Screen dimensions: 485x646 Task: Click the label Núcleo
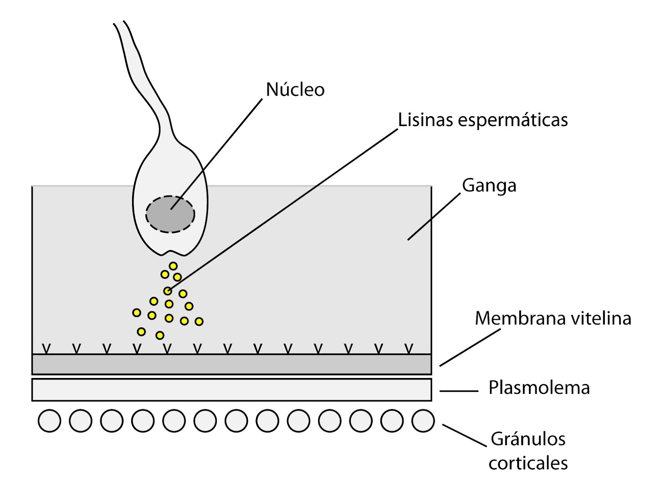click(x=295, y=90)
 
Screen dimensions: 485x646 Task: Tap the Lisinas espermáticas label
click(x=483, y=120)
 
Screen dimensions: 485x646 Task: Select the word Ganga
click(x=489, y=186)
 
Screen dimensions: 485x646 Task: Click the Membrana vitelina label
click(x=553, y=318)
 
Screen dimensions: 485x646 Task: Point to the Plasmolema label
click(x=539, y=388)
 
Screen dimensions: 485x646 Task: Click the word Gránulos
click(x=528, y=439)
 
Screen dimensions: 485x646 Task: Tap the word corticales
click(x=528, y=463)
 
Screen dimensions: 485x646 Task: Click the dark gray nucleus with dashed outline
click(x=170, y=214)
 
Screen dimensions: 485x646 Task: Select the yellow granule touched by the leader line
click(x=168, y=291)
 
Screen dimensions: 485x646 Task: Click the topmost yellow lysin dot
click(x=173, y=266)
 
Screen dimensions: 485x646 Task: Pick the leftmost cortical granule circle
click(x=49, y=421)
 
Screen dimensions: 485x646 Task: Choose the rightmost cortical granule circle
click(x=423, y=421)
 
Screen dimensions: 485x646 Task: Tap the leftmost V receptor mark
click(x=46, y=348)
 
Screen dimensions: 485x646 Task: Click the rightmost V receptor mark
click(x=409, y=348)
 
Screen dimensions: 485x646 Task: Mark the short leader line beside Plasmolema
click(x=459, y=391)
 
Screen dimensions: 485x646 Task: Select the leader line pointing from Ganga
click(x=434, y=216)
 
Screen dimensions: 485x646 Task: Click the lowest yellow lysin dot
click(x=160, y=335)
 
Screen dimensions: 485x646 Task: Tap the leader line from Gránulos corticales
click(x=464, y=435)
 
